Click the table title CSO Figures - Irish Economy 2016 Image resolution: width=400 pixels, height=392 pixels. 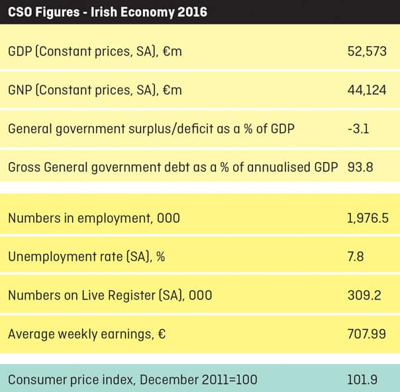[x=107, y=12]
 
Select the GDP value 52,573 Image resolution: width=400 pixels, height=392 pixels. [x=366, y=52]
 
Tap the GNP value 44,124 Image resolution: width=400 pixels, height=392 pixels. [x=366, y=90]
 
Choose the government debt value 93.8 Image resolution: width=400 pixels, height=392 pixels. [x=360, y=167]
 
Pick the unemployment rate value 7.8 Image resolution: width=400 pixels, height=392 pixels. [x=356, y=256]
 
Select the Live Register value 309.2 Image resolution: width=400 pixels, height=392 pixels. [x=364, y=295]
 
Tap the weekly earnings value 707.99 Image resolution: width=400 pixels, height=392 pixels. [x=366, y=334]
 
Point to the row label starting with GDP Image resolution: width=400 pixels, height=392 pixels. [x=95, y=52]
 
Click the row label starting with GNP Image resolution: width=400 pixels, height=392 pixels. [x=95, y=90]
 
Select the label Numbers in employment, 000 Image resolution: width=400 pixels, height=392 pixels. [x=94, y=219]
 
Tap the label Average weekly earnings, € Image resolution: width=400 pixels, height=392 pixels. [x=87, y=334]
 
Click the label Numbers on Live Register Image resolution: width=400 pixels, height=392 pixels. [x=110, y=295]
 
